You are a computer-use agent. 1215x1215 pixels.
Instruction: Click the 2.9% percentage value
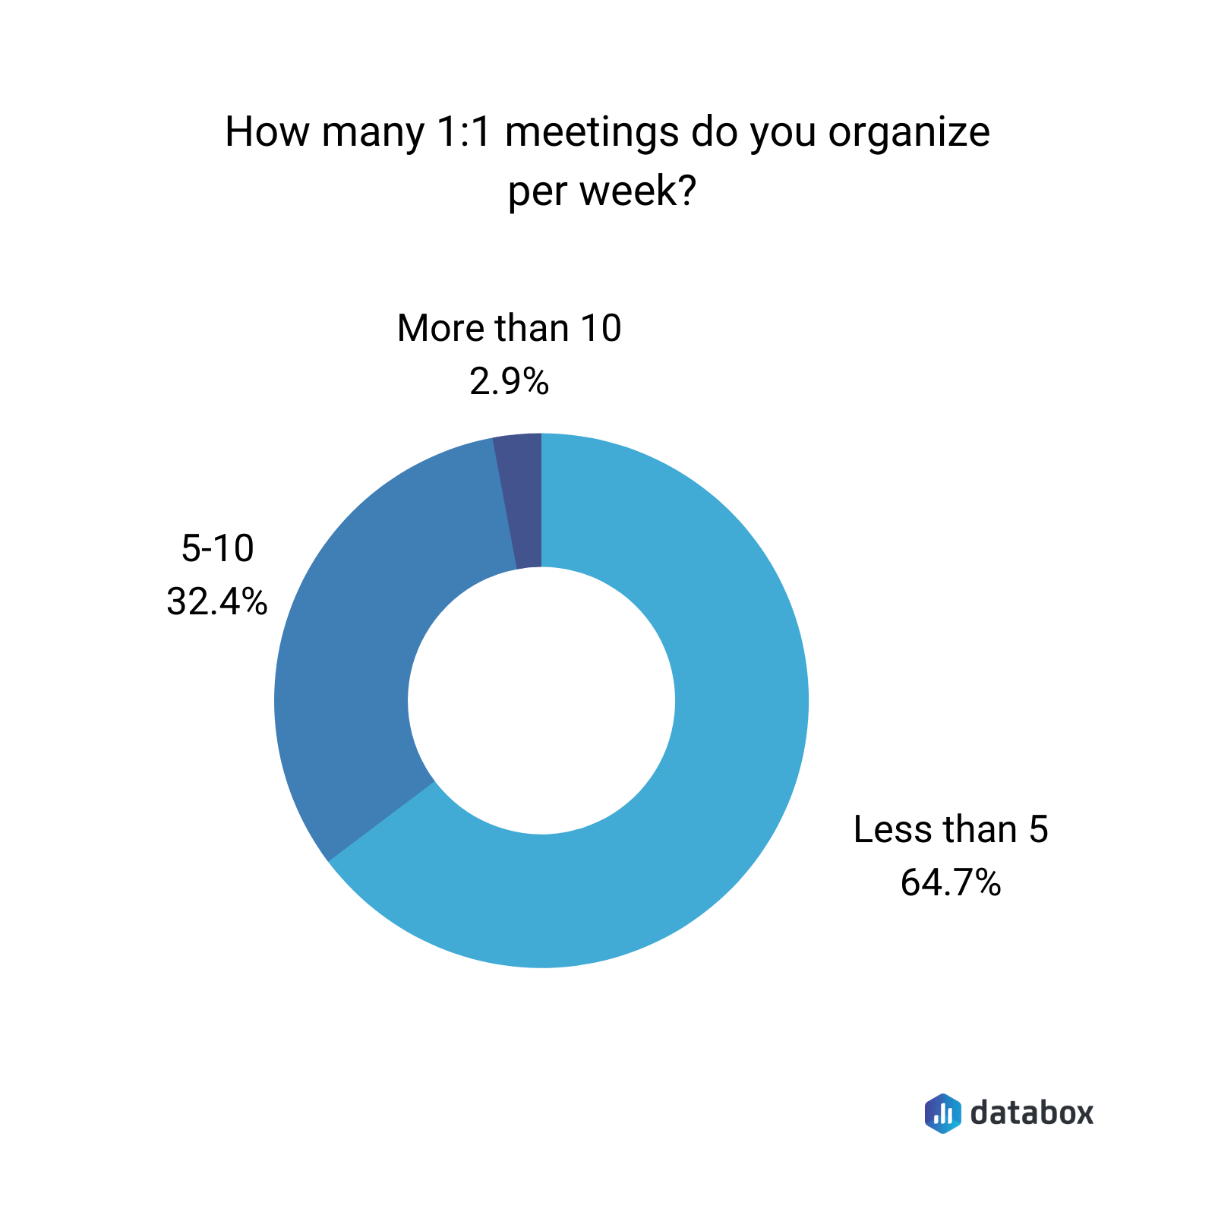pyautogui.click(x=509, y=382)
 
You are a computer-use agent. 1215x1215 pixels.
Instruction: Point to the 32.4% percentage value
pyautogui.click(x=217, y=602)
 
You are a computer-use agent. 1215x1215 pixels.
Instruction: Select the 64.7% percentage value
pyautogui.click(x=951, y=883)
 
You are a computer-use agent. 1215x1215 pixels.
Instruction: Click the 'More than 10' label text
pyautogui.click(x=509, y=329)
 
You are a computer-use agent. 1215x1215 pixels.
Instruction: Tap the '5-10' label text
pyautogui.click(x=217, y=548)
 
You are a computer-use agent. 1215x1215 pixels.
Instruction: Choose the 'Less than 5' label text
pyautogui.click(x=951, y=829)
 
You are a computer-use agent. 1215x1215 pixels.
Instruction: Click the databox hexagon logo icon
pyautogui.click(x=942, y=1113)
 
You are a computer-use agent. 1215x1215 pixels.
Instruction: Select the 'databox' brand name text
pyautogui.click(x=1032, y=1112)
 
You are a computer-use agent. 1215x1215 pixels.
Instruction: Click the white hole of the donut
pyautogui.click(x=541, y=700)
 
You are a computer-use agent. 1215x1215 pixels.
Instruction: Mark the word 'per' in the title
pyautogui.click(x=538, y=193)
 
